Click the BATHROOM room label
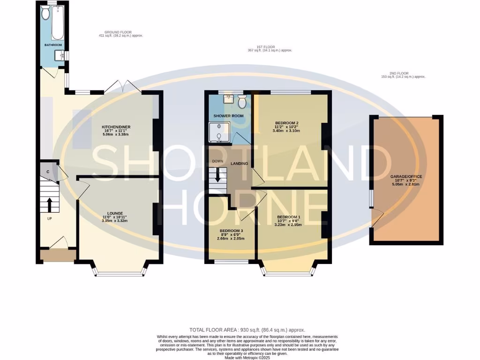click(x=53, y=45)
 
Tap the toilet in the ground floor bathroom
click(x=45, y=14)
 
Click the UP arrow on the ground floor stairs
click(x=49, y=204)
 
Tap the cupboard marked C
click(x=47, y=172)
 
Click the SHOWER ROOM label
click(x=228, y=116)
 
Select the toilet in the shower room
click(x=242, y=101)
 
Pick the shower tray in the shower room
click(x=219, y=132)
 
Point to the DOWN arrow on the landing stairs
click(x=217, y=177)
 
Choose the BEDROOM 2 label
click(x=288, y=122)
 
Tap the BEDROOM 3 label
click(x=232, y=231)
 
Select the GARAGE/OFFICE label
click(x=406, y=176)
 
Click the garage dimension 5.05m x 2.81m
click(x=406, y=185)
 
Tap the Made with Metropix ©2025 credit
click(x=247, y=358)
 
